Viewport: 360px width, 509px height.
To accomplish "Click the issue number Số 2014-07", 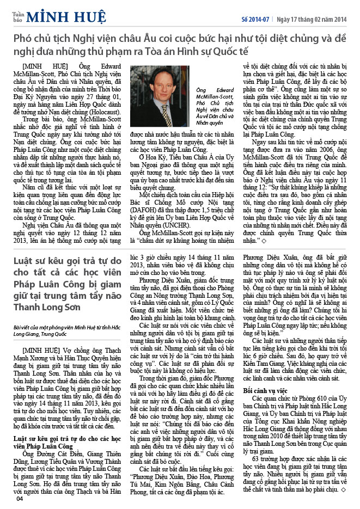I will click(x=255, y=19).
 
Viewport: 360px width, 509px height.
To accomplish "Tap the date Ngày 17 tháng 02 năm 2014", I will click(x=311, y=19).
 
